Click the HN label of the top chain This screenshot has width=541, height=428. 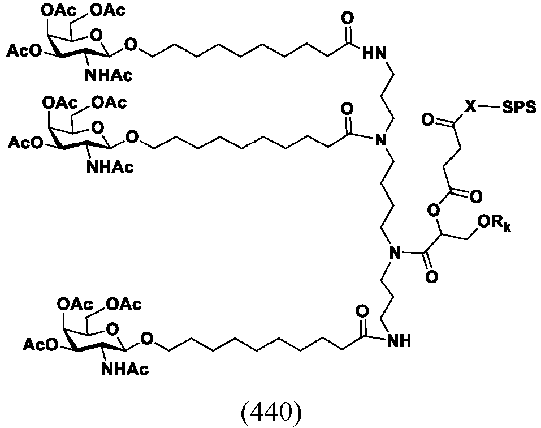point(375,54)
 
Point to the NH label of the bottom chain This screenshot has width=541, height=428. point(399,341)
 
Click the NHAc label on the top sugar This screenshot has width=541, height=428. point(109,75)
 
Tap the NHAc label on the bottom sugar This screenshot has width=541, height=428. point(125,370)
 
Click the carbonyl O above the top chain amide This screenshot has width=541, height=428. point(348,18)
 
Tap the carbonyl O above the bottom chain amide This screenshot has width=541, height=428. point(362,311)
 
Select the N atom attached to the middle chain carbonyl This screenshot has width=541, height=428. point(380,140)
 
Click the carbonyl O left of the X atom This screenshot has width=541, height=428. point(427,120)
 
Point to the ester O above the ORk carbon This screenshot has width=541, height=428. point(433,209)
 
